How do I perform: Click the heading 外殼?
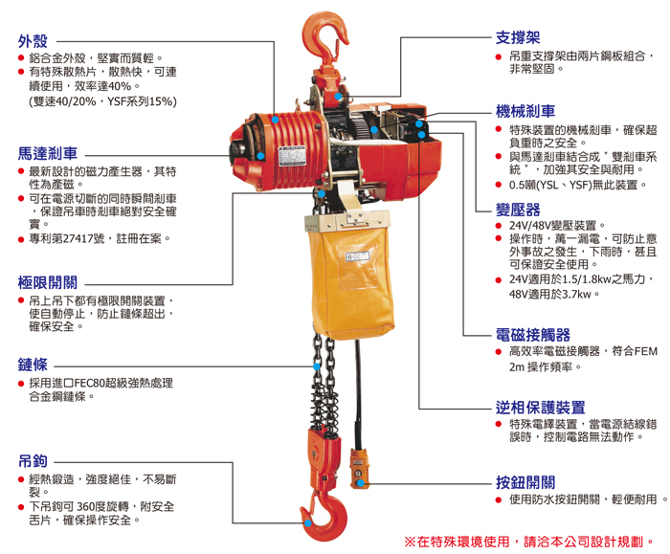(32, 41)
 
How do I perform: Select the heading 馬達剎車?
(48, 153)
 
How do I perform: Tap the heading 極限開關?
(48, 283)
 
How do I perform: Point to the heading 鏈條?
(32, 365)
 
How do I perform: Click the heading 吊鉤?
(32, 460)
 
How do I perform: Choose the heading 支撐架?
(518, 37)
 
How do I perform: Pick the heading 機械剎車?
(525, 111)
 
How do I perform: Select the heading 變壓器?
(518, 210)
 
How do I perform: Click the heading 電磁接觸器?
(533, 334)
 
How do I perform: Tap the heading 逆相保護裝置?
(541, 407)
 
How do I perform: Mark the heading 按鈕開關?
(525, 481)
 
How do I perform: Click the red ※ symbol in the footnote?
(411, 541)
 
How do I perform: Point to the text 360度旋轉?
(108, 506)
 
